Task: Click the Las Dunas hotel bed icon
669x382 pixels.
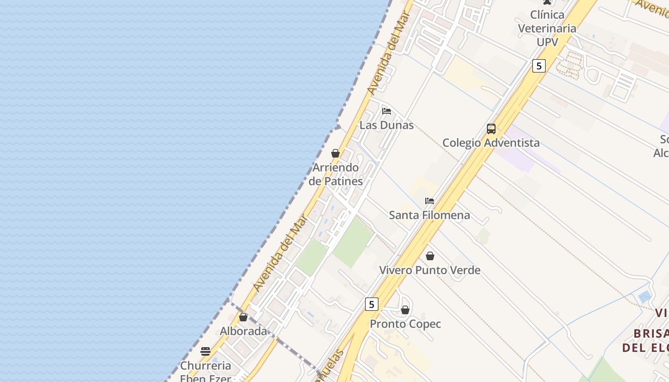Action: point(387,111)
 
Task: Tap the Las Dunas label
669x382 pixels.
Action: point(387,126)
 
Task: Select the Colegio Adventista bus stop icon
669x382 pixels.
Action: point(491,128)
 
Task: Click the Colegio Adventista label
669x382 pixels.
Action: point(491,143)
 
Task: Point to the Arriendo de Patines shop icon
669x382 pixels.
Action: point(335,153)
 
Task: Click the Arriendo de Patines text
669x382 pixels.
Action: point(335,174)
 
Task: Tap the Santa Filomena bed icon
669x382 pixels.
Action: point(430,201)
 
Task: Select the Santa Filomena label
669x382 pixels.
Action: point(429,215)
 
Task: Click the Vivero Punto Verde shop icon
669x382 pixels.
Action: point(430,256)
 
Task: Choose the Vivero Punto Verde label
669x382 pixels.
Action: point(430,270)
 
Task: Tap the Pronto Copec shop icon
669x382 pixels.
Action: point(405,310)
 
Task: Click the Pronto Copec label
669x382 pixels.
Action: point(405,324)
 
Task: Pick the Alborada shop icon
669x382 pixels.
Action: point(243,317)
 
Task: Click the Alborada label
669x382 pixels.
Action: point(243,331)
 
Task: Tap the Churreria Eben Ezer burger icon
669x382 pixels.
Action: point(205,351)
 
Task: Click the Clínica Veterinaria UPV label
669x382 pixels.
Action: point(547,28)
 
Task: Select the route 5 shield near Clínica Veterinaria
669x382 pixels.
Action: point(539,66)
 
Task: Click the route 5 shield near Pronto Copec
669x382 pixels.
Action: point(372,304)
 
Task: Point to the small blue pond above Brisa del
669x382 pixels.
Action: point(645,297)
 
